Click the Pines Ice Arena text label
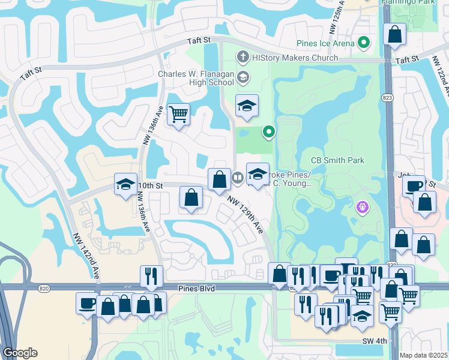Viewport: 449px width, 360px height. click(x=325, y=43)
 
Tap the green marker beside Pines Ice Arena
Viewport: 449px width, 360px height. click(x=363, y=43)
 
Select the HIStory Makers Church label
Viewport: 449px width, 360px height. click(x=295, y=58)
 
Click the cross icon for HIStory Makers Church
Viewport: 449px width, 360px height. click(x=243, y=58)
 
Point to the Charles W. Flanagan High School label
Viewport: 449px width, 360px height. click(x=196, y=79)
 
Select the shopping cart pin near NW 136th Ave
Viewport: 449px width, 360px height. click(x=178, y=114)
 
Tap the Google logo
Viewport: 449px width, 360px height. click(x=20, y=353)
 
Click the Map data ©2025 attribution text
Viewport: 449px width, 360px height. click(x=423, y=355)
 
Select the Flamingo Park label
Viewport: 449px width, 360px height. click(x=408, y=2)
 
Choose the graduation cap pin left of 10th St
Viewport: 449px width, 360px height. click(x=125, y=184)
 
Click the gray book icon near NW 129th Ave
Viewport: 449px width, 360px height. click(x=237, y=177)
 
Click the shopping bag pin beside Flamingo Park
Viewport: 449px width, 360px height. click(x=395, y=35)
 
